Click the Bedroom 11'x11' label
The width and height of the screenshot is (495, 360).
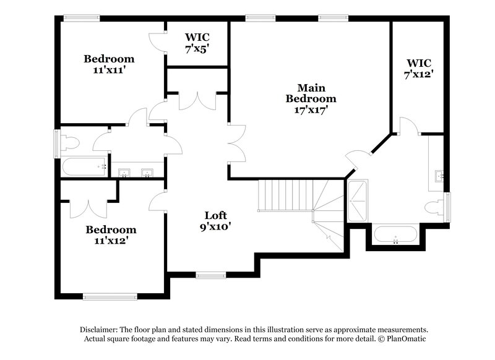tap(110, 64)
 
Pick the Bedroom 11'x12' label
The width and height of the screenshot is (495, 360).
tap(110, 234)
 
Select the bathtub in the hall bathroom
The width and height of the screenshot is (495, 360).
tap(84, 166)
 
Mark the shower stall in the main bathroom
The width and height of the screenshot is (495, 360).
tap(358, 200)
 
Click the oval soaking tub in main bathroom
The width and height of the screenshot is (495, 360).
tap(396, 234)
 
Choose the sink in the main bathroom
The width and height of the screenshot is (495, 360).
tap(439, 175)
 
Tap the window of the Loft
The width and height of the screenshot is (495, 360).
tap(211, 275)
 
